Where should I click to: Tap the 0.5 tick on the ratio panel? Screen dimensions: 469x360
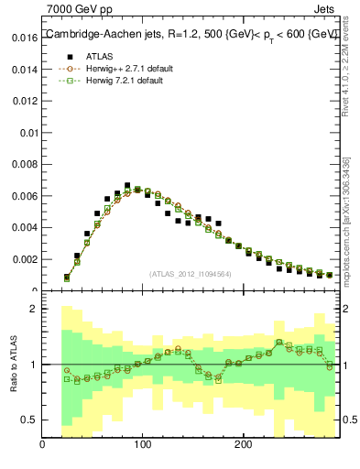(28, 420)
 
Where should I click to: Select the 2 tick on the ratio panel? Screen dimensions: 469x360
(32, 309)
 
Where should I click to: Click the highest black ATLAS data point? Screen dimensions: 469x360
(126, 185)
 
